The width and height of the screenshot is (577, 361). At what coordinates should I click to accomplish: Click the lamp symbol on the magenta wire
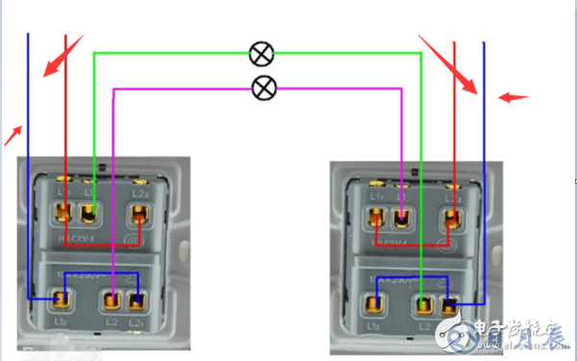pos(263,89)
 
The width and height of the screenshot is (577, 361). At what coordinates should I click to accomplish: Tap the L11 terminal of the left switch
pos(63,212)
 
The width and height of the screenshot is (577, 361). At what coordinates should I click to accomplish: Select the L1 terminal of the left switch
pos(89,212)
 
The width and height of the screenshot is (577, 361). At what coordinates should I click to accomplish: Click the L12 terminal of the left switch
pos(63,299)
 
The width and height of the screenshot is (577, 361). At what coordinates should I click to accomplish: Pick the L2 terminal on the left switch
pos(114,299)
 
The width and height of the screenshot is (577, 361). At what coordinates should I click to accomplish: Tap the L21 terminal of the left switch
pos(138,299)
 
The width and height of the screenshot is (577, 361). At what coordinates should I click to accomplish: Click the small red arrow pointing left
pos(514,97)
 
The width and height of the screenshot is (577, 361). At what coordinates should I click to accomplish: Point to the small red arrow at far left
pos(13,135)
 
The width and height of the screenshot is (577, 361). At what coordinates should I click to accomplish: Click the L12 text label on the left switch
pos(60,321)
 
